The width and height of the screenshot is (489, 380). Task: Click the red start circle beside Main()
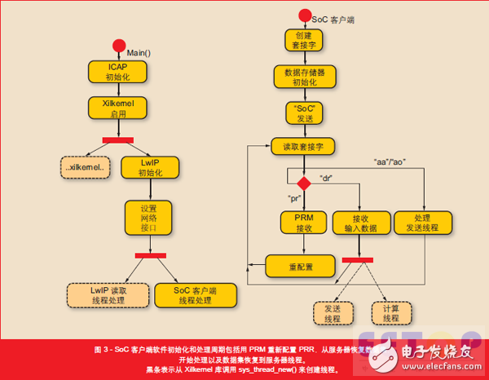[119, 46]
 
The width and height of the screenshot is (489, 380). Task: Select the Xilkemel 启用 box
[118, 109]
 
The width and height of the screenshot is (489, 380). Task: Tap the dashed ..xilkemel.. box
[85, 168]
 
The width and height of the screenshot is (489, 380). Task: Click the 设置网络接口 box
[148, 219]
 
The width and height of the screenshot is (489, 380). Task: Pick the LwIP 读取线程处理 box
[108, 294]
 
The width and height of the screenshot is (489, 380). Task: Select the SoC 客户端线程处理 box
[195, 294]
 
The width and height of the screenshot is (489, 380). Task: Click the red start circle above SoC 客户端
[305, 15]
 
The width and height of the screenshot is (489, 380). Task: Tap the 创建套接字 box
[305, 41]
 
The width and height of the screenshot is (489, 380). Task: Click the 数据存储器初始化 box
[305, 77]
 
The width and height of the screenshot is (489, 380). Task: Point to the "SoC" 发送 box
[305, 113]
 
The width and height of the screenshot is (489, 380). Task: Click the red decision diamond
[304, 183]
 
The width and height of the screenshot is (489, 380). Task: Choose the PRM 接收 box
[304, 223]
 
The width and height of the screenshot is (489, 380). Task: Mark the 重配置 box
[302, 265]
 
